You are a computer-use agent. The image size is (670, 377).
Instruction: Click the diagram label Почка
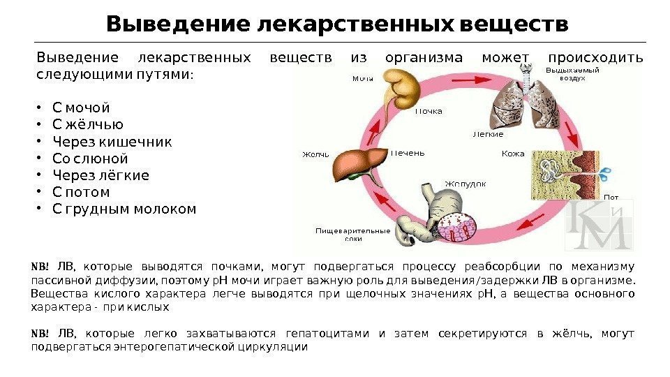pyautogui.click(x=429, y=111)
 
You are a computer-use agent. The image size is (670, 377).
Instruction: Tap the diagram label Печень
pyautogui.click(x=408, y=153)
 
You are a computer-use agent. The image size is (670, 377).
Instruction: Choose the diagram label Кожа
pyautogui.click(x=513, y=153)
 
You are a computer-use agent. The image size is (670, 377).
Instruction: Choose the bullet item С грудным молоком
pyautogui.click(x=124, y=209)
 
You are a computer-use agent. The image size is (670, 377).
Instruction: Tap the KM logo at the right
pyautogui.click(x=599, y=226)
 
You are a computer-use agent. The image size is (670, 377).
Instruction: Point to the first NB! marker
pyautogui.click(x=40, y=266)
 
